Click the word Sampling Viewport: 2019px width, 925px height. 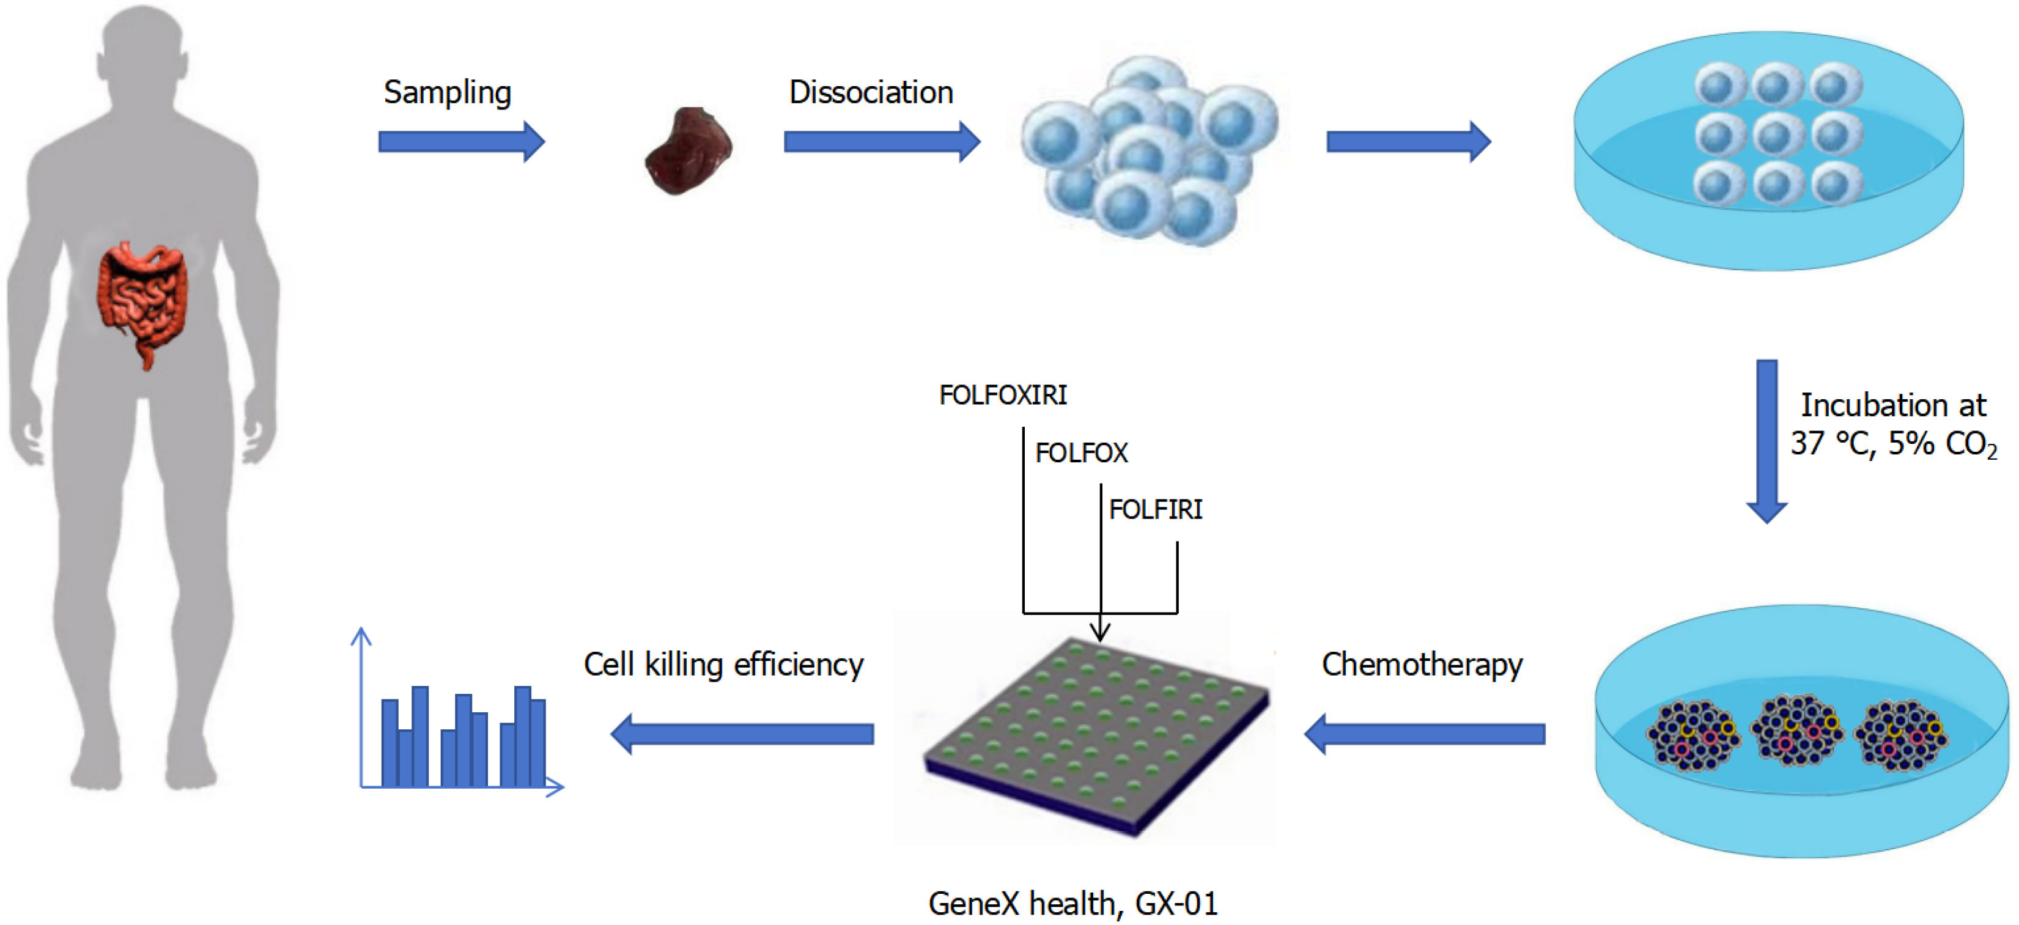coord(447,92)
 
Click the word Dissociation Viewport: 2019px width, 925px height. coord(871,92)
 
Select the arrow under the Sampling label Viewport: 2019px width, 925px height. coord(461,142)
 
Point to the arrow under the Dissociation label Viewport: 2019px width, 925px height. coord(882,142)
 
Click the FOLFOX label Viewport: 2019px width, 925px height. coord(1081,453)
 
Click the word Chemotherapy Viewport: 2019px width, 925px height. coord(1422,665)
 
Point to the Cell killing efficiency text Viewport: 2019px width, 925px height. coord(723,665)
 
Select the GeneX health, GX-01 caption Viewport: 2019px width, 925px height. coord(1073,904)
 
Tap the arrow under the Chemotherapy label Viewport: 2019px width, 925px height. coord(1424,734)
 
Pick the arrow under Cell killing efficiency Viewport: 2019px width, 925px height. coord(742,734)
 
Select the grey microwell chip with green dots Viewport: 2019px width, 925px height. coord(1096,733)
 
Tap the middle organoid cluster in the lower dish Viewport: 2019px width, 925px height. coord(1796,729)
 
